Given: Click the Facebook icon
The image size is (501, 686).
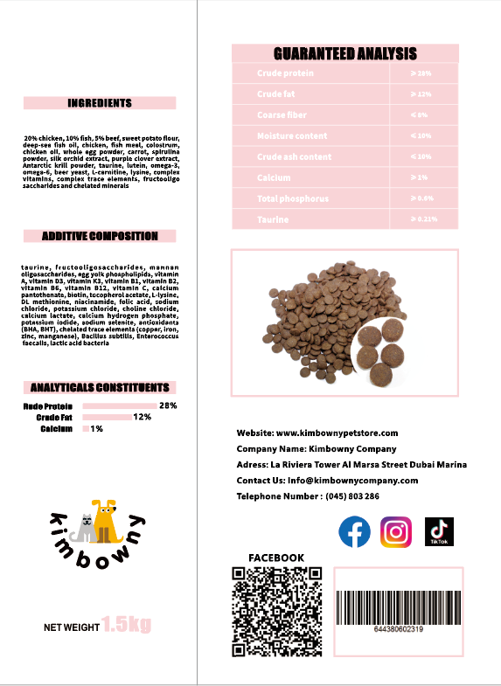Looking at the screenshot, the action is tap(354, 531).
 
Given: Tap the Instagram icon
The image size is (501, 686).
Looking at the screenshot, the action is tap(396, 531).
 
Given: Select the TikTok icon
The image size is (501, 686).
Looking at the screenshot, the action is tap(438, 531).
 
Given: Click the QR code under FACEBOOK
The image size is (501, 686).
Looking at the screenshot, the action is tap(276, 611).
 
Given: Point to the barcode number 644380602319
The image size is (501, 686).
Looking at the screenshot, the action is tap(398, 629).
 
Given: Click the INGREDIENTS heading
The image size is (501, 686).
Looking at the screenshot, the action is tap(100, 103).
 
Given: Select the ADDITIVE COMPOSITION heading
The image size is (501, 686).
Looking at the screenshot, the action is tap(100, 236).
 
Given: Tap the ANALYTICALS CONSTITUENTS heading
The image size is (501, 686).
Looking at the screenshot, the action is tap(100, 387).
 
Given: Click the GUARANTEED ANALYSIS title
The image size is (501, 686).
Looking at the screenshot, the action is tap(345, 54).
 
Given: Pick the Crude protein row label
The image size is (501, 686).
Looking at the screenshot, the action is tap(285, 73).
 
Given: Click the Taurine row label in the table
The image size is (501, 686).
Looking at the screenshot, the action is tap(273, 219).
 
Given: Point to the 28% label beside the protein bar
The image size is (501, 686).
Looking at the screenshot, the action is tap(168, 405).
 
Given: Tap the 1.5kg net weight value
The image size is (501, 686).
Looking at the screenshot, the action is tap(126, 624).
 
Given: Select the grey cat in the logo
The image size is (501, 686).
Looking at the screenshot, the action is tap(86, 526).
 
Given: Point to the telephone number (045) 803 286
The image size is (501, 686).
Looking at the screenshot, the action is tap(351, 495).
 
